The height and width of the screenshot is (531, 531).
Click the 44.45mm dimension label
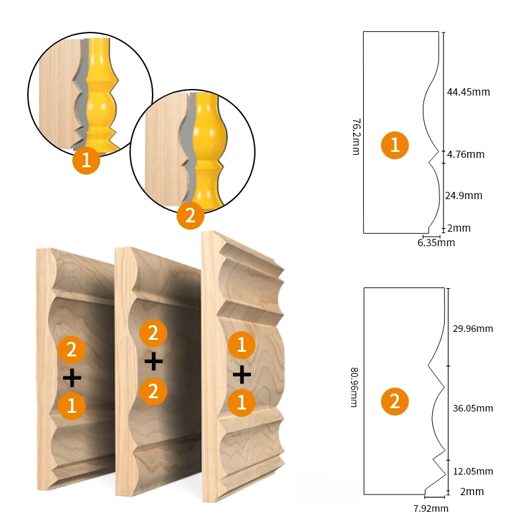(x=468, y=92)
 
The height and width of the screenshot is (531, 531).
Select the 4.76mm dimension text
(x=465, y=155)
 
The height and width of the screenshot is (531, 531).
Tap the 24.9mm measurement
(x=465, y=196)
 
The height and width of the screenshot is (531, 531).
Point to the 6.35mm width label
(x=436, y=243)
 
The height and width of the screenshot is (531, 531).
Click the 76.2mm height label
(x=356, y=137)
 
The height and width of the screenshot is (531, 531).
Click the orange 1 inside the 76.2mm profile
(x=395, y=145)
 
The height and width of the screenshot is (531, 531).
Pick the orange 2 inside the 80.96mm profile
(x=395, y=402)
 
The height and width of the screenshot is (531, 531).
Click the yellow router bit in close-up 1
(x=100, y=93)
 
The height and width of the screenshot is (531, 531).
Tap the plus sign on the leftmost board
(x=72, y=378)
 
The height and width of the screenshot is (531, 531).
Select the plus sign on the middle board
(x=153, y=361)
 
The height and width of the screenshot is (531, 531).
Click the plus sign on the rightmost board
(x=242, y=375)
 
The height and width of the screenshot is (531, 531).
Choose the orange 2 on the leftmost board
(x=72, y=350)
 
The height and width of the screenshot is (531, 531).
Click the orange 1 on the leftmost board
(x=72, y=406)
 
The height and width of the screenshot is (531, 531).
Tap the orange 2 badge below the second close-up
(x=190, y=215)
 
